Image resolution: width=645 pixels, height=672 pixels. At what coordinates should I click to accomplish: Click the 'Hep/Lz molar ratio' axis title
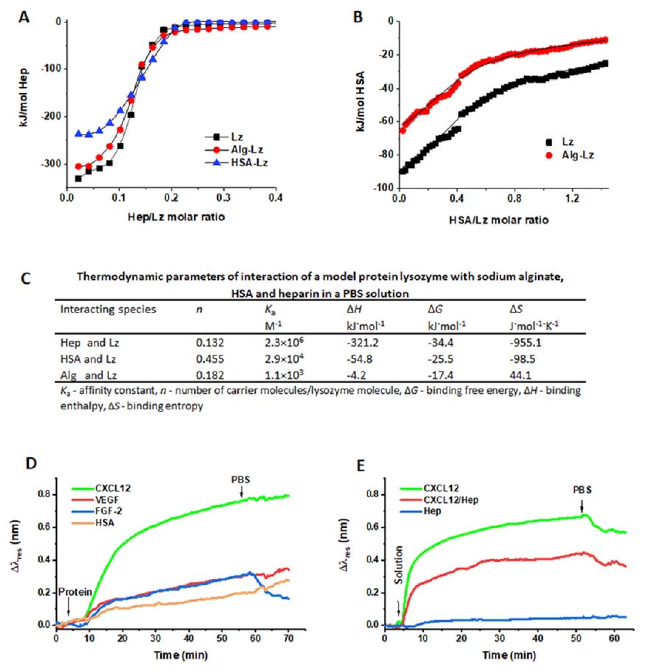(x=176, y=217)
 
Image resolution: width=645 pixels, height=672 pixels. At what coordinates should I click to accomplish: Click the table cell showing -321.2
(x=362, y=342)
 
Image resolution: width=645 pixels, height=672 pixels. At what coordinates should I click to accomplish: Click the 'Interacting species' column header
(x=108, y=309)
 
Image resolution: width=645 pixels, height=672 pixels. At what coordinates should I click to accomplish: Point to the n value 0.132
(x=210, y=342)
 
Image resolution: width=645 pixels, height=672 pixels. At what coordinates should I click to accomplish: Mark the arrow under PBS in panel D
(x=241, y=493)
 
